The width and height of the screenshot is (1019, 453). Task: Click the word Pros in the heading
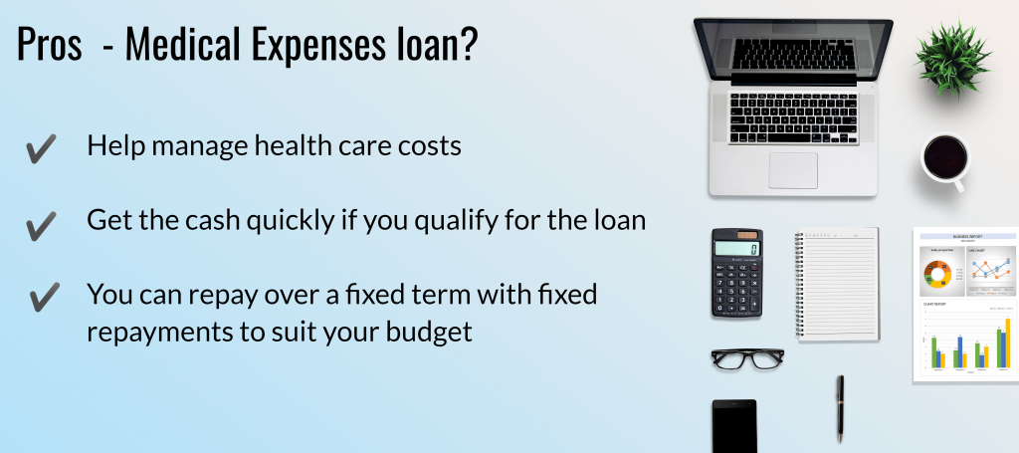click(x=50, y=44)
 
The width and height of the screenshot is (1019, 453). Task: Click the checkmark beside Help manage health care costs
click(x=41, y=148)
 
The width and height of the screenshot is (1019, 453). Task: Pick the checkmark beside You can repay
click(x=44, y=297)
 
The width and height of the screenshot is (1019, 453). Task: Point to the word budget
click(x=429, y=333)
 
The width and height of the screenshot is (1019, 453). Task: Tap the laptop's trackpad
click(x=793, y=170)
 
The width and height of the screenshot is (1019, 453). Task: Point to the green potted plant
click(x=952, y=59)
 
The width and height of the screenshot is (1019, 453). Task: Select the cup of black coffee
click(x=945, y=159)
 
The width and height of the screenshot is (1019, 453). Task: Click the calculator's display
click(x=736, y=249)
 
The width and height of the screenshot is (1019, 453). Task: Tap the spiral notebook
click(x=837, y=284)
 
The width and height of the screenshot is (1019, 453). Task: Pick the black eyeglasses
click(x=747, y=358)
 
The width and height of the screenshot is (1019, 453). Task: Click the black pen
click(x=840, y=409)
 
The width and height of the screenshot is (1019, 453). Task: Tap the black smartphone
click(x=734, y=426)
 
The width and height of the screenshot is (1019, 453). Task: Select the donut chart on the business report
click(x=937, y=273)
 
